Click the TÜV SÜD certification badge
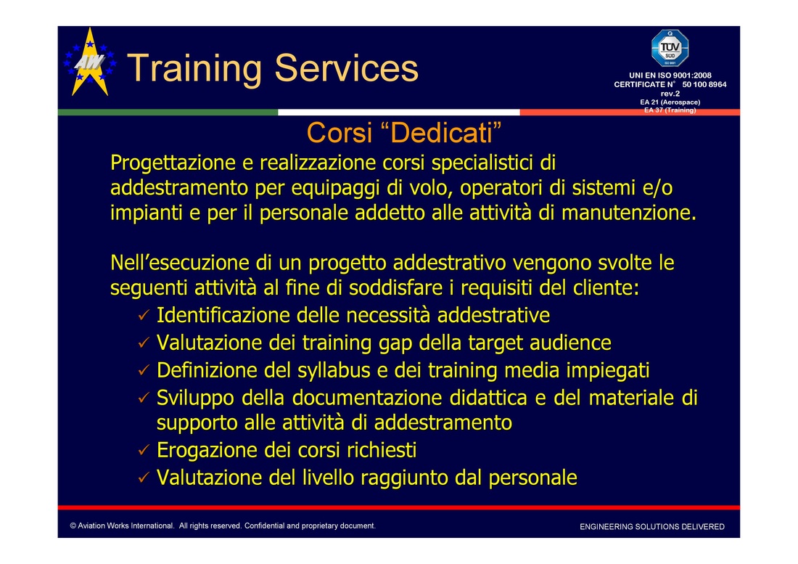tap(670, 48)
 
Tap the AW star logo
tap(90, 62)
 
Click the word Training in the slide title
tap(194, 69)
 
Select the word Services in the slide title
tap(347, 68)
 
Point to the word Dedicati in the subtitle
tap(442, 132)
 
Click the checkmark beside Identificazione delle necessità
tap(144, 315)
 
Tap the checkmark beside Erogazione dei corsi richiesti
tap(144, 449)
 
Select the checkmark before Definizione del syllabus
tap(144, 370)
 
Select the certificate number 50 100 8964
tap(704, 84)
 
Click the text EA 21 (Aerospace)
tap(670, 102)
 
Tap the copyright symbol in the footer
tap(73, 526)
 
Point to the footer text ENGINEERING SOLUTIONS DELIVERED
tap(652, 527)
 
